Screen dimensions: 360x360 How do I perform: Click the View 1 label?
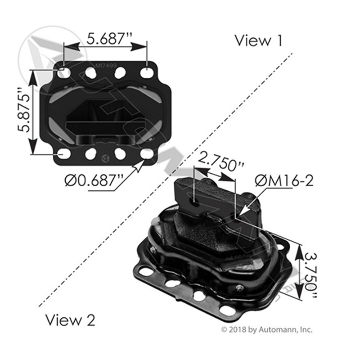258,41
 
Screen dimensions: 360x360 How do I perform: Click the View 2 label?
70,320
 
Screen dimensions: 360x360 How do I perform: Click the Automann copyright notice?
267,330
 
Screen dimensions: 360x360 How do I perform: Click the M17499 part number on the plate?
106,65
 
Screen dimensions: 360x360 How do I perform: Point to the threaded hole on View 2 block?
195,202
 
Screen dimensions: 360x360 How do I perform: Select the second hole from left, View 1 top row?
91,72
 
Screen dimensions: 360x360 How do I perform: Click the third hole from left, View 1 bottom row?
120,153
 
